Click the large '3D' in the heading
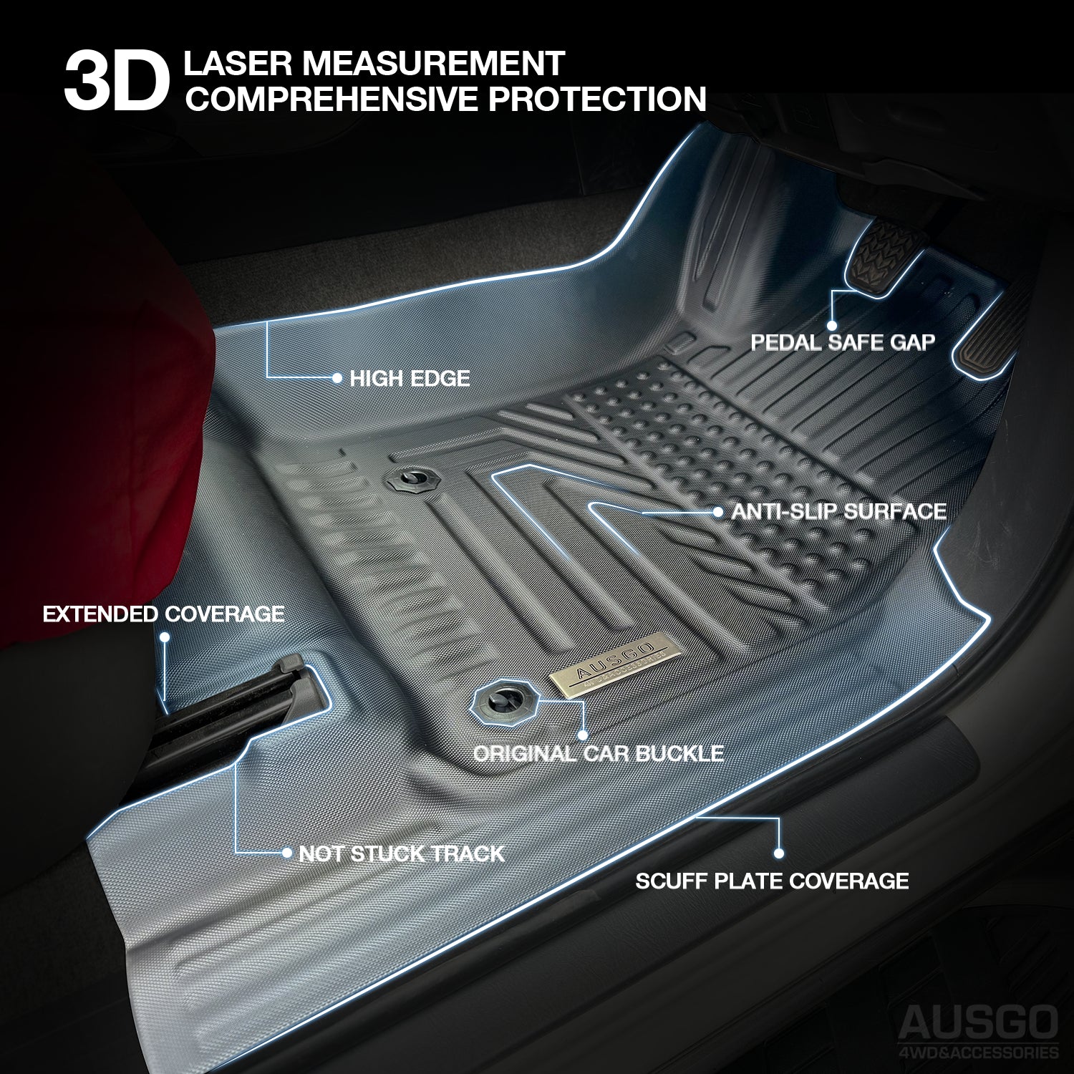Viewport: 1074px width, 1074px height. pyautogui.click(x=116, y=81)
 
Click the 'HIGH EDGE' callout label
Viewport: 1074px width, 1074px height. pyautogui.click(x=410, y=378)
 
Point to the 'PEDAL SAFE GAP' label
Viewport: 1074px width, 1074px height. pyautogui.click(x=843, y=342)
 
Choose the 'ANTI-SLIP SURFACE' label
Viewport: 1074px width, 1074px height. pyautogui.click(x=838, y=511)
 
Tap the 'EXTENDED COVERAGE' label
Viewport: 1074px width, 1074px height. pyautogui.click(x=163, y=614)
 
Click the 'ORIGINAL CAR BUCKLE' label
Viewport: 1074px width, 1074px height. pyautogui.click(x=598, y=753)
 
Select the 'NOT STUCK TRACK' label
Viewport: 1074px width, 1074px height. pyautogui.click(x=401, y=853)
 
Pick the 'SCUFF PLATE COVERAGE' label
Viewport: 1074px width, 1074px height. pyautogui.click(x=772, y=881)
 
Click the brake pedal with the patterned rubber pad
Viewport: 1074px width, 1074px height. pyautogui.click(x=883, y=256)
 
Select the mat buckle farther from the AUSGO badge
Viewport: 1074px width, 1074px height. pyautogui.click(x=412, y=479)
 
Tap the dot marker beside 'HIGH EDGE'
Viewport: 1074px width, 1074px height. pyautogui.click(x=337, y=378)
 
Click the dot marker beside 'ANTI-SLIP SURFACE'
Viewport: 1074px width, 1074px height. pyautogui.click(x=718, y=512)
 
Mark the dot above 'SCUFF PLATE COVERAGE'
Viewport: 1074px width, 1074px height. pyautogui.click(x=778, y=853)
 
